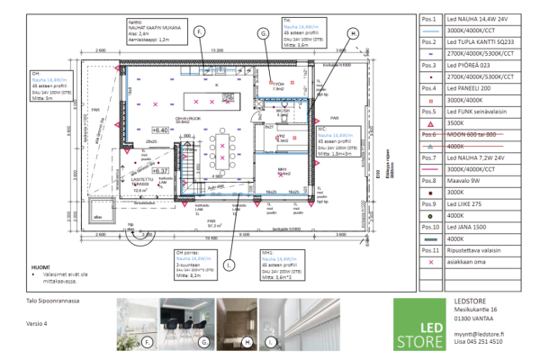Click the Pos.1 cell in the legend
[428, 18]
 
